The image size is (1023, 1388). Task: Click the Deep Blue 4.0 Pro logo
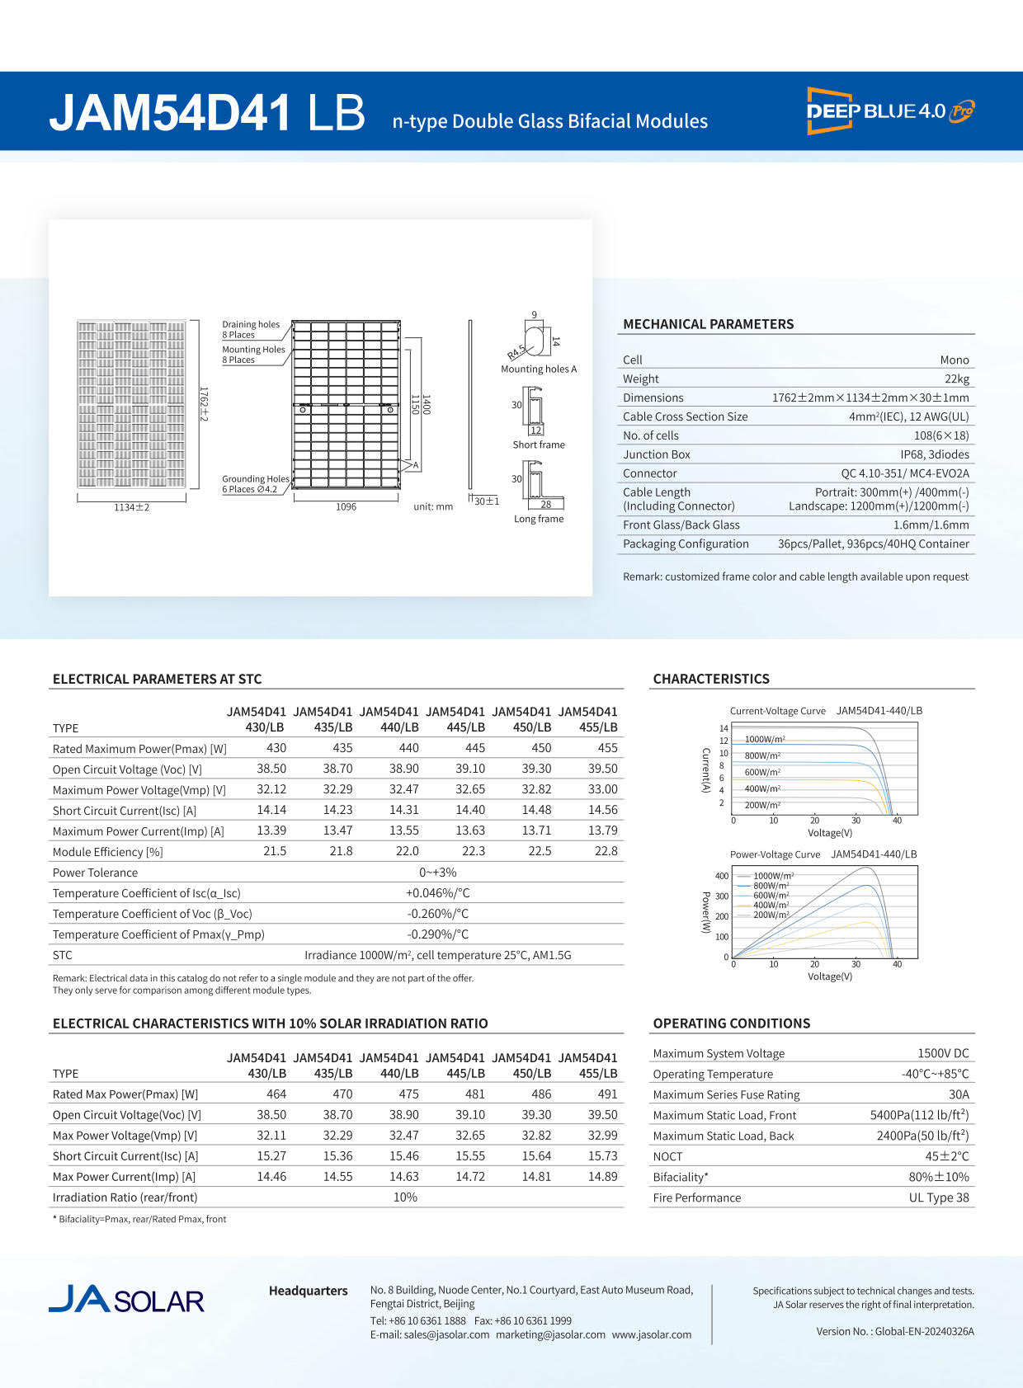pyautogui.click(x=890, y=111)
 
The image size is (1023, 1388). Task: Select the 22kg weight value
pyautogui.click(x=957, y=379)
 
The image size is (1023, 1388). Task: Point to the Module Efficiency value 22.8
pyautogui.click(x=606, y=851)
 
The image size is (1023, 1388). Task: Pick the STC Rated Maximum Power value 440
pyautogui.click(x=408, y=748)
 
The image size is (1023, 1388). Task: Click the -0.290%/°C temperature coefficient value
pyautogui.click(x=437, y=934)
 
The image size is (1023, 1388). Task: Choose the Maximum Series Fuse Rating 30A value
pyautogui.click(x=959, y=1094)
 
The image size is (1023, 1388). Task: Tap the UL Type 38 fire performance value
pyautogui.click(x=939, y=1197)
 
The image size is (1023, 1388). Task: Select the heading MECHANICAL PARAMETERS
pyautogui.click(x=708, y=324)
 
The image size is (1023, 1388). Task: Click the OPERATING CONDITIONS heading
pyautogui.click(x=731, y=1023)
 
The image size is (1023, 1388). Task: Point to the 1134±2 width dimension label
pyautogui.click(x=132, y=507)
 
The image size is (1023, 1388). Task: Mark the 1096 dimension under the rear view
pyautogui.click(x=346, y=507)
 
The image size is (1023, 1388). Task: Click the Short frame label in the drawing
pyautogui.click(x=539, y=445)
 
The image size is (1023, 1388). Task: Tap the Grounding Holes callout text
pyautogui.click(x=255, y=479)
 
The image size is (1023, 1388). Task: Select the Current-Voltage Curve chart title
pyautogui.click(x=777, y=711)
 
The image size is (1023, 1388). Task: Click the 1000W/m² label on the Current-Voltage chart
pyautogui.click(x=765, y=740)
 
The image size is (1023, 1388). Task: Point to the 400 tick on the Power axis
pyautogui.click(x=722, y=876)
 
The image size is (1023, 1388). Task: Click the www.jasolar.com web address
pyautogui.click(x=652, y=1334)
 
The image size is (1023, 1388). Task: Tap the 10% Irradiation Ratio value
pyautogui.click(x=405, y=1197)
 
